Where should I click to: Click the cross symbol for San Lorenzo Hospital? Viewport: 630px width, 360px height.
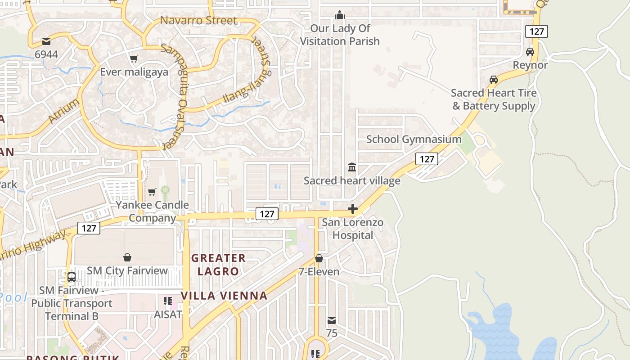[353, 209]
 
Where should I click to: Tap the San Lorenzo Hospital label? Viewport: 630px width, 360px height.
[353, 229]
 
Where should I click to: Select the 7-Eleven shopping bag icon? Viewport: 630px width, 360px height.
[319, 258]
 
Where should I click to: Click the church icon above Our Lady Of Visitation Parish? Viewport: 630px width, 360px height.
[340, 15]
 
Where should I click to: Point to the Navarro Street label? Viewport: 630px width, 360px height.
[198, 20]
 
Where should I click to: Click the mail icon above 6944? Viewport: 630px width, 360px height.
[46, 41]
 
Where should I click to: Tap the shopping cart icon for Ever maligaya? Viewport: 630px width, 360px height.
[134, 59]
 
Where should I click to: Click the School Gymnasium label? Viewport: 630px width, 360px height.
[414, 139]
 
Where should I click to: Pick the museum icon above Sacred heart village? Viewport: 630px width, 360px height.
[352, 167]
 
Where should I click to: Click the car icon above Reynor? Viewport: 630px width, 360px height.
[530, 52]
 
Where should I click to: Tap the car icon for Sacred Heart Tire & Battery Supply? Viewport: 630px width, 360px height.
[494, 80]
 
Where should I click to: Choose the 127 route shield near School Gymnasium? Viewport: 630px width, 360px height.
[426, 158]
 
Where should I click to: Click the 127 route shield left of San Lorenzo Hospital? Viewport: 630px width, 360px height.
[267, 214]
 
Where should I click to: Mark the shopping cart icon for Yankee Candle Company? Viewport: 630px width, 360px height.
[152, 192]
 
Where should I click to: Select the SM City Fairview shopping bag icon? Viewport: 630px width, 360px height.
[127, 257]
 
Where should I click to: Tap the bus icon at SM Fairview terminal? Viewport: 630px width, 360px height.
[72, 277]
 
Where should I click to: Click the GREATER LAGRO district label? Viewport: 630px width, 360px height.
[218, 265]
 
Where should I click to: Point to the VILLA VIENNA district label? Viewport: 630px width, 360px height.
[224, 296]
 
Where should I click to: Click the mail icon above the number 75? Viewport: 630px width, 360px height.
[332, 320]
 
